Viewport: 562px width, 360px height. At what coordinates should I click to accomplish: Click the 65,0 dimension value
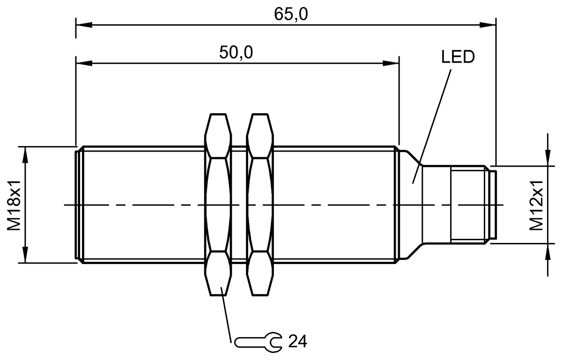(291, 15)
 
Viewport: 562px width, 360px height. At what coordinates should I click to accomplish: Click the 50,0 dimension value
(236, 53)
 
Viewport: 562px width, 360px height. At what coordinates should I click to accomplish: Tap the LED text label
(458, 58)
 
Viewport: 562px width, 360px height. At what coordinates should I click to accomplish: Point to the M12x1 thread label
(537, 205)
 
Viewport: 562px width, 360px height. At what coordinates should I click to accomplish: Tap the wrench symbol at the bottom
(258, 342)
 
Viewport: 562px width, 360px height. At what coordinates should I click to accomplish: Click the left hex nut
(218, 205)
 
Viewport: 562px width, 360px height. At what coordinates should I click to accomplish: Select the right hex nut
(261, 205)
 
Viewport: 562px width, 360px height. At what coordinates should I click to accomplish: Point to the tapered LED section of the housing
(410, 205)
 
